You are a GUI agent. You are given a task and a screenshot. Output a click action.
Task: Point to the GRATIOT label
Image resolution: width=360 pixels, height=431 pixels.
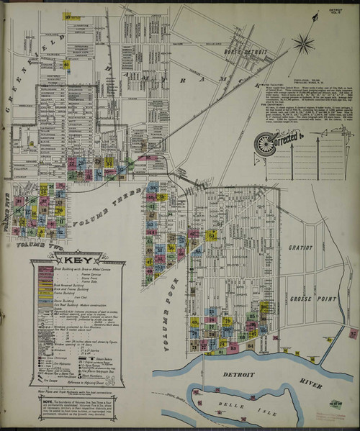302,248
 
